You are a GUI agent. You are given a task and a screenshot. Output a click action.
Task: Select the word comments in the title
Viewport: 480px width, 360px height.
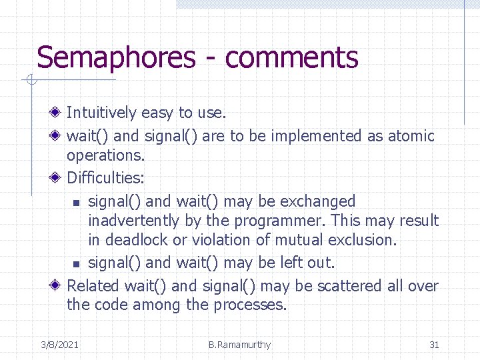(291, 59)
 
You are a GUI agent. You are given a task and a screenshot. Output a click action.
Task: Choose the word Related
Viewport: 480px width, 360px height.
(93, 286)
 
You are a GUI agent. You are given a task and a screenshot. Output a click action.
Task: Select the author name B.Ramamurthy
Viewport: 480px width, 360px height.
(239, 345)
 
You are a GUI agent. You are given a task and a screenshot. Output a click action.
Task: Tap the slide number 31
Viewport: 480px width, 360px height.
(434, 345)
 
